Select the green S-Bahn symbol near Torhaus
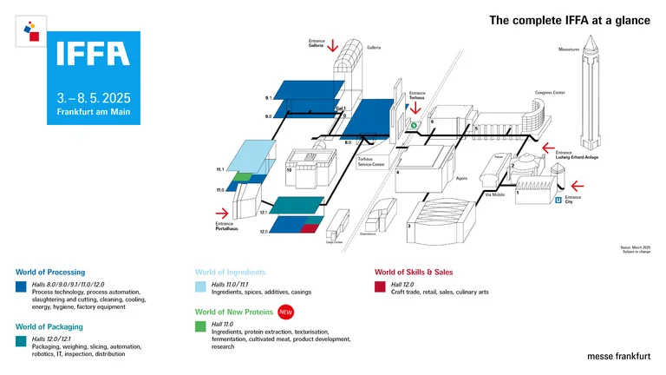pos(415,125)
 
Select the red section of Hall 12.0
pos(310,227)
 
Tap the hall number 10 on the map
pos(289,171)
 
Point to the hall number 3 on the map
pos(409,226)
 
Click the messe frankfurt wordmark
pos(618,356)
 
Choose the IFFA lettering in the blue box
pos(93,55)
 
